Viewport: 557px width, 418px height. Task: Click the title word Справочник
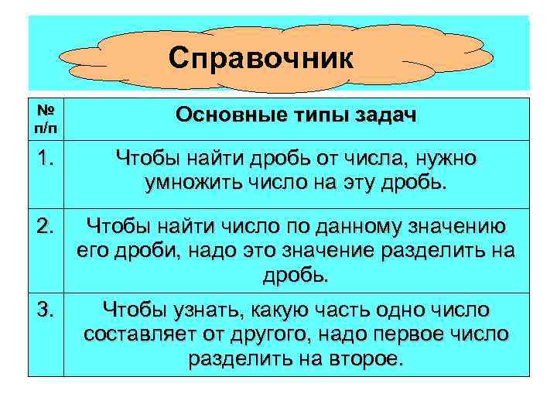(x=261, y=58)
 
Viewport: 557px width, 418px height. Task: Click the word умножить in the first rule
(x=194, y=184)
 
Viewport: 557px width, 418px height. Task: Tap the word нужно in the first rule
(x=448, y=159)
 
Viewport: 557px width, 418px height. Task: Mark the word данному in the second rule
(x=358, y=226)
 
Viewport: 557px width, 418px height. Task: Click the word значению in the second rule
(x=460, y=226)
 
